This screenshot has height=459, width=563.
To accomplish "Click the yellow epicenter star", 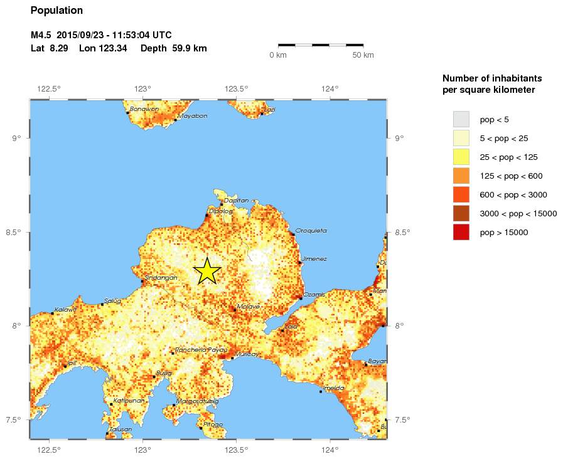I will [206, 272].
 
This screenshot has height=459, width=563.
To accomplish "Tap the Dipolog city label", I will [220, 211].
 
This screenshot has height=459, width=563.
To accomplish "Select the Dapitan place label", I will [236, 200].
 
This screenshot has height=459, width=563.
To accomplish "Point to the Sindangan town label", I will [157, 278].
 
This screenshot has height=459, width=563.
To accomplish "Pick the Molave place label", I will [249, 306].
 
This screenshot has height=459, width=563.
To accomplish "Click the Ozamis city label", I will [314, 295].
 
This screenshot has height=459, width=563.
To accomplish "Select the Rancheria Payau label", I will [201, 350].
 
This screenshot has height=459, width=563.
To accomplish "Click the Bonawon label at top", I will [144, 109].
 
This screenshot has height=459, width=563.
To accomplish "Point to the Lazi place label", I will [269, 109].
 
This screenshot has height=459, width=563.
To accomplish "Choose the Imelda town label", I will [333, 388].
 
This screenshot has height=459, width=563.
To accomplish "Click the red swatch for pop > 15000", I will [461, 232].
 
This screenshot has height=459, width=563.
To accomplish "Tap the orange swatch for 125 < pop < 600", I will [461, 176].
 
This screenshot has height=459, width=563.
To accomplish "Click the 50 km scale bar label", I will [363, 55].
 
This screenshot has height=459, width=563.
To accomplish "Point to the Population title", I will [56, 11].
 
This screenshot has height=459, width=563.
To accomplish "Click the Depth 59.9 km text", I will [174, 48].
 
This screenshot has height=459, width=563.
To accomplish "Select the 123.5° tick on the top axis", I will [236, 88].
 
